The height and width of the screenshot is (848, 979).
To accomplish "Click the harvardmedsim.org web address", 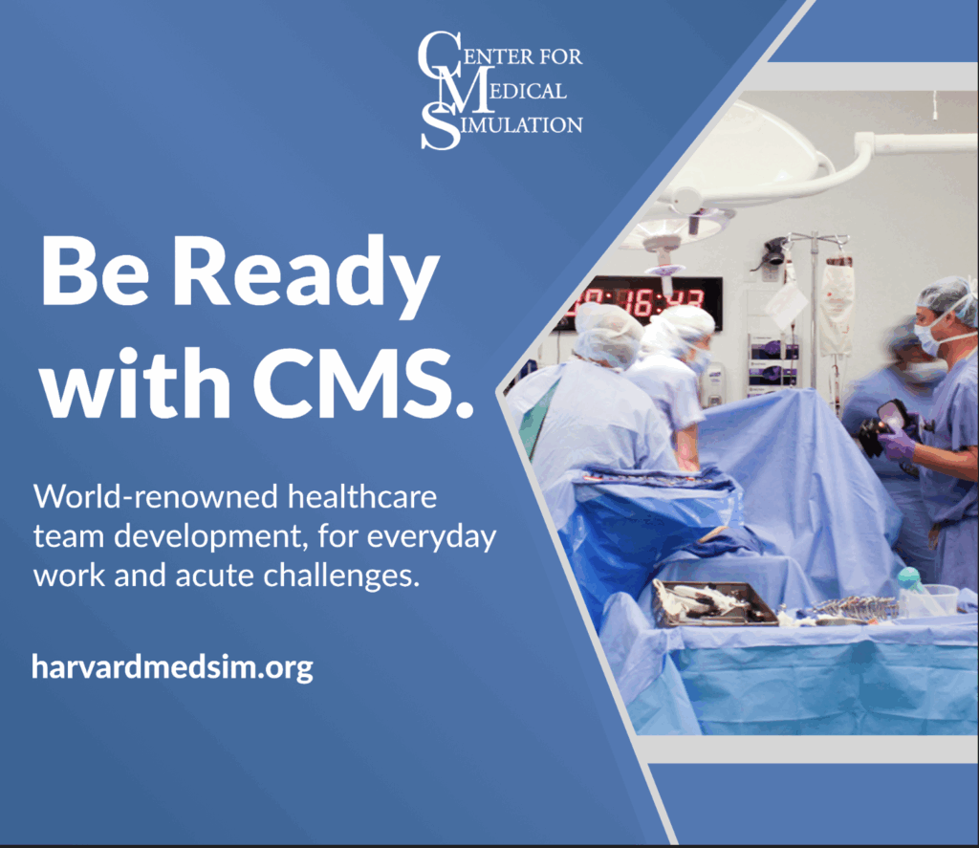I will tap(172, 666).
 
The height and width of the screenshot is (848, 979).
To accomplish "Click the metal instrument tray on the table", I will tap(713, 602).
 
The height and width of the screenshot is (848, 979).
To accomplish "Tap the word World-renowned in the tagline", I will tap(140, 498).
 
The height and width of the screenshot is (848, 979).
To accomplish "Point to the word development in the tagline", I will tap(200, 538).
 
